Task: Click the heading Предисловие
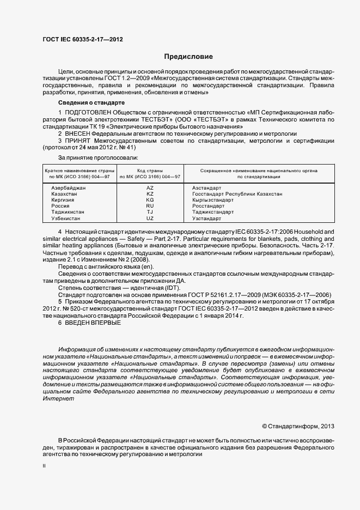(188, 57)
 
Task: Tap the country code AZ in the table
(150, 187)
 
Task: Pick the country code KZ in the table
(150, 193)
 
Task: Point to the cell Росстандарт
(209, 206)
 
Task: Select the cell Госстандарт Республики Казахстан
(237, 193)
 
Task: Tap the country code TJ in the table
(150, 212)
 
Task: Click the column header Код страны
(150, 171)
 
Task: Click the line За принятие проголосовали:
(94, 158)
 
